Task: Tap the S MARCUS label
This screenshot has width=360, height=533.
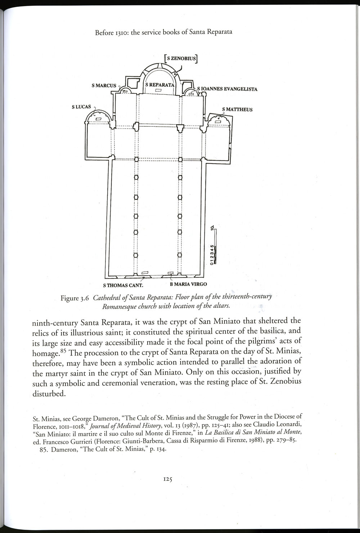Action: click(104, 86)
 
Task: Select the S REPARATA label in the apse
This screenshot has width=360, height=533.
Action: click(159, 85)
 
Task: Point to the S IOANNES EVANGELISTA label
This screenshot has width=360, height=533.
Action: click(227, 89)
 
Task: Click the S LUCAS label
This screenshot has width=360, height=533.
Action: click(81, 107)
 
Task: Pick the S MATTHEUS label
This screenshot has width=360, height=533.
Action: click(237, 109)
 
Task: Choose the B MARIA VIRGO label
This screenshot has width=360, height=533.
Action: click(188, 284)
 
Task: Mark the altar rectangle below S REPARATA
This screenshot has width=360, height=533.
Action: click(158, 90)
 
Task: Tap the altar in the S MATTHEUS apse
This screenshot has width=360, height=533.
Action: click(218, 122)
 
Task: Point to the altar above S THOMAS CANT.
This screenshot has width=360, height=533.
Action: click(145, 273)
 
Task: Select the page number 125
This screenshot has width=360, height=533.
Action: click(168, 479)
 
